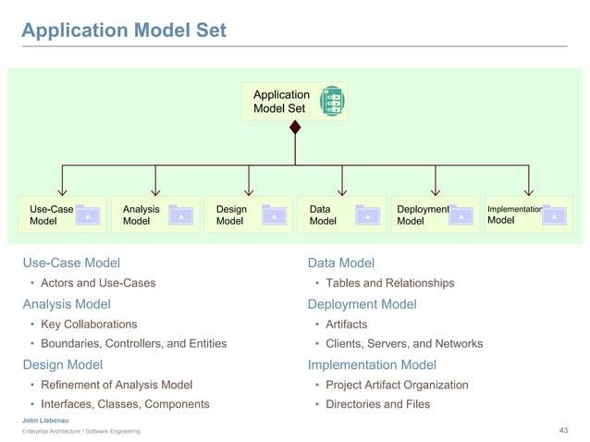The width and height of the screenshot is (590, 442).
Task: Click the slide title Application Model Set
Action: (124, 31)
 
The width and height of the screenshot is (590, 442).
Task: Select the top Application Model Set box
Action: (294, 102)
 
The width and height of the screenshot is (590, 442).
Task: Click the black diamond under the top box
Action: (295, 128)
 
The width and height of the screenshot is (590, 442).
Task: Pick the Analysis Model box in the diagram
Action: (154, 215)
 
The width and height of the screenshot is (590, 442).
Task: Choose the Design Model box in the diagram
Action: (248, 215)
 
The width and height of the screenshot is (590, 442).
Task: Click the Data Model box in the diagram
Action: (341, 215)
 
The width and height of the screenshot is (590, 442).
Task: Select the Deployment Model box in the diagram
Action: (435, 215)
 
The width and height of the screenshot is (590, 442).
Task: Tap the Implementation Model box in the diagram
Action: (528, 215)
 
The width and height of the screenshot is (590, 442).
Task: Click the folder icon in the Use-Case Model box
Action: (88, 215)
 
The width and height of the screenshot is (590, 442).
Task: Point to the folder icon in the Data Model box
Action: (367, 215)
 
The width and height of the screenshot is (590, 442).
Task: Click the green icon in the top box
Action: (332, 102)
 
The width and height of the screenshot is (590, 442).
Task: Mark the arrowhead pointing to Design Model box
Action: (249, 190)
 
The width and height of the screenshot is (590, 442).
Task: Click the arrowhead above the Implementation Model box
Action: (529, 190)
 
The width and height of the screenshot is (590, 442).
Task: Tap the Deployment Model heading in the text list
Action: (362, 304)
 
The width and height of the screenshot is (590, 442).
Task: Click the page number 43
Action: (564, 431)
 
